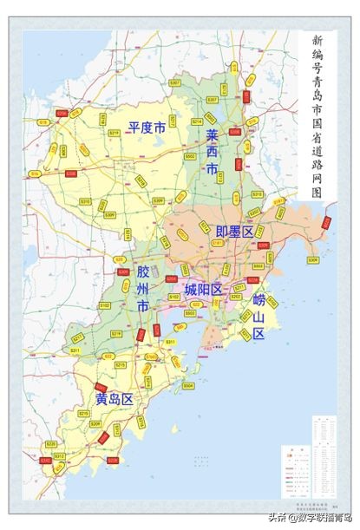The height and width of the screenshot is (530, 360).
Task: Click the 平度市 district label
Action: (147, 128)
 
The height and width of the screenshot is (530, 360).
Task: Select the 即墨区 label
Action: (234, 231)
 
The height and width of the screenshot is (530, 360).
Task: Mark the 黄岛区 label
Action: (114, 399)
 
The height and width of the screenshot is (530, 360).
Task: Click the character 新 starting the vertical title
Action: (317, 41)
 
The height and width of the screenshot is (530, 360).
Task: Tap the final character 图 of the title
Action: (317, 193)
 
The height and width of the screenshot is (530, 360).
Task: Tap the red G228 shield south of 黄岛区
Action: (113, 461)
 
